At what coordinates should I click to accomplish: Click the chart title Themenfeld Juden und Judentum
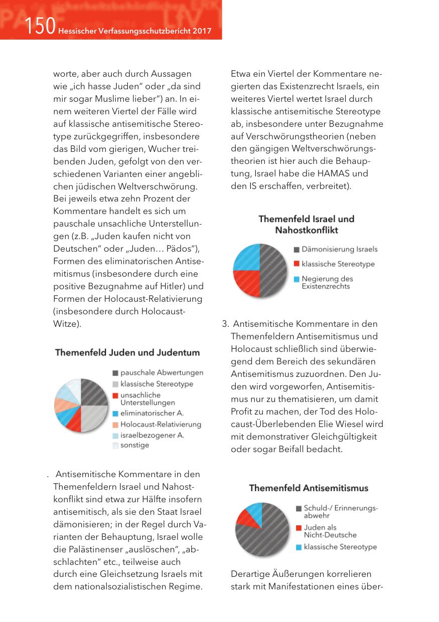[127, 352]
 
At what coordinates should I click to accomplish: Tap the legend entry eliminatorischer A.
[152, 413]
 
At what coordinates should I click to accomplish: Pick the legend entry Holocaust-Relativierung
[161, 424]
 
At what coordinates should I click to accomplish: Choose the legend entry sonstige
[134, 445]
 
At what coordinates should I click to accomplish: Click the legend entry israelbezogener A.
[152, 435]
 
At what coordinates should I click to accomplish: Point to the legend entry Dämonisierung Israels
[339, 249]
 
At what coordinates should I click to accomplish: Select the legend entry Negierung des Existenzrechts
[327, 282]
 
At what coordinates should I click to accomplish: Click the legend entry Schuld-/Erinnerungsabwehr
[340, 511]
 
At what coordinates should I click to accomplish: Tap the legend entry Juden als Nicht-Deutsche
[330, 531]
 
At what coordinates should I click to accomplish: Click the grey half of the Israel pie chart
[274, 270]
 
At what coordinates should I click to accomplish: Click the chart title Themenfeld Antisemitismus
[309, 488]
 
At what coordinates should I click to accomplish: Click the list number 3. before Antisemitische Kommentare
[225, 324]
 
